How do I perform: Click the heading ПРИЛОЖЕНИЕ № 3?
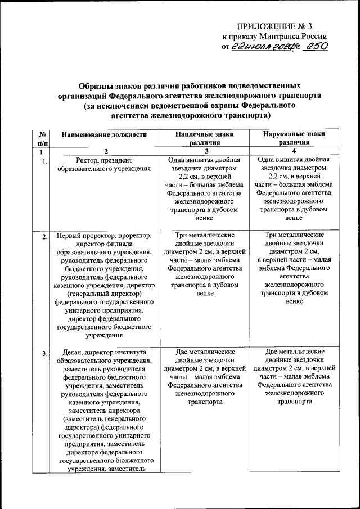282,26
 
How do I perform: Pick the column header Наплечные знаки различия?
204,138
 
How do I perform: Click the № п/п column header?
42,138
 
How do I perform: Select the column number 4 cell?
294,152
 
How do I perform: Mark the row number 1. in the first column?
44,163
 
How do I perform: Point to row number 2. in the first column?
44,236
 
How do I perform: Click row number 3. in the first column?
44,353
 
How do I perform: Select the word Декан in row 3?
69,352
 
